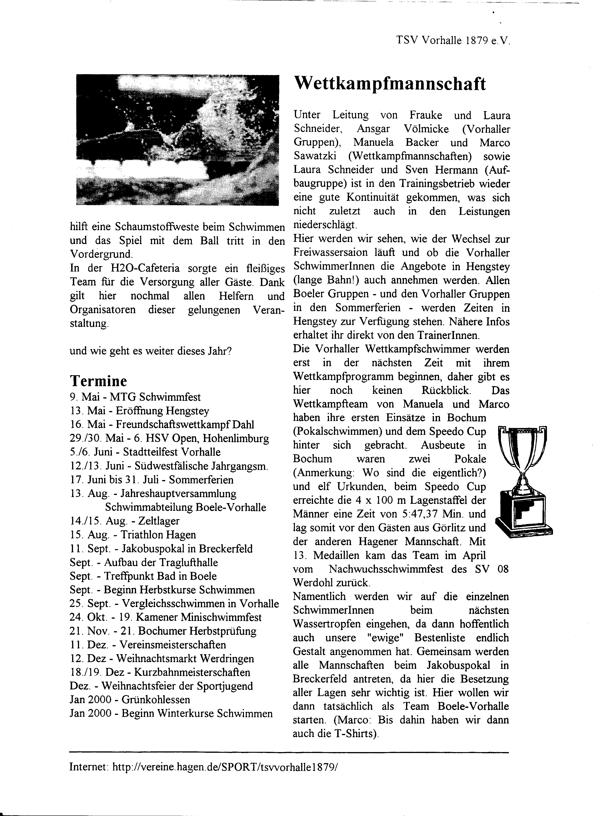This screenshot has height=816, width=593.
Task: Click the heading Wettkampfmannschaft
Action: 390,84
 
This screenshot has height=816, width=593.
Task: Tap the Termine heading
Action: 98,381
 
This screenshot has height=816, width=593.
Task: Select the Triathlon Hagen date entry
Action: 133,535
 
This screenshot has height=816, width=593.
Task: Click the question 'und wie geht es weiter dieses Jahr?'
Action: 150,350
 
